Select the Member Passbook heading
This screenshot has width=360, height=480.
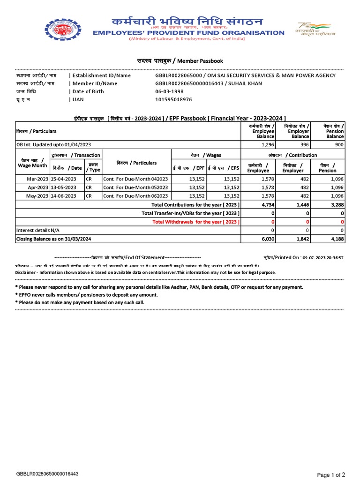coord(180,61)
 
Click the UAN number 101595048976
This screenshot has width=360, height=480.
coord(173,99)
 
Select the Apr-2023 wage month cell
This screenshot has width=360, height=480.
coord(31,187)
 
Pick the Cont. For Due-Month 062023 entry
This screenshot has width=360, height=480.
coord(135,196)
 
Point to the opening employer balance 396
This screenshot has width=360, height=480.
coord(304,144)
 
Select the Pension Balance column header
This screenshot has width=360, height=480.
coord(335,131)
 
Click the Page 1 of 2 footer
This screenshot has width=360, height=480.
coord(331,475)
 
